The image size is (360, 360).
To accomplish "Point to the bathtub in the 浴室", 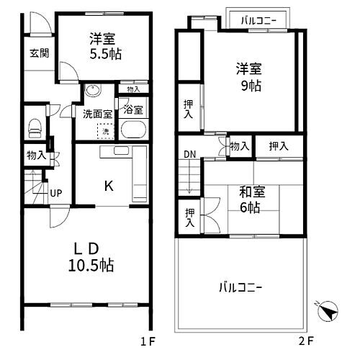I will coord(135,131).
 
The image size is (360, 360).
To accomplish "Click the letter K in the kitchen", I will coord(108,186).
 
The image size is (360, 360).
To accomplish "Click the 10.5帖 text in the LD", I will coord(91,265).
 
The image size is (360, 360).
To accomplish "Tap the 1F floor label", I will coord(148,339).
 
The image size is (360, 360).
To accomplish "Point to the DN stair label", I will coord(189,154).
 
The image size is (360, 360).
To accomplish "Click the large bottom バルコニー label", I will coord(241,287).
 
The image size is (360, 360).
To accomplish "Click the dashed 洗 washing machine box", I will coord(105,132).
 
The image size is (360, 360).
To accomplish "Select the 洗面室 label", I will coord(96,113).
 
